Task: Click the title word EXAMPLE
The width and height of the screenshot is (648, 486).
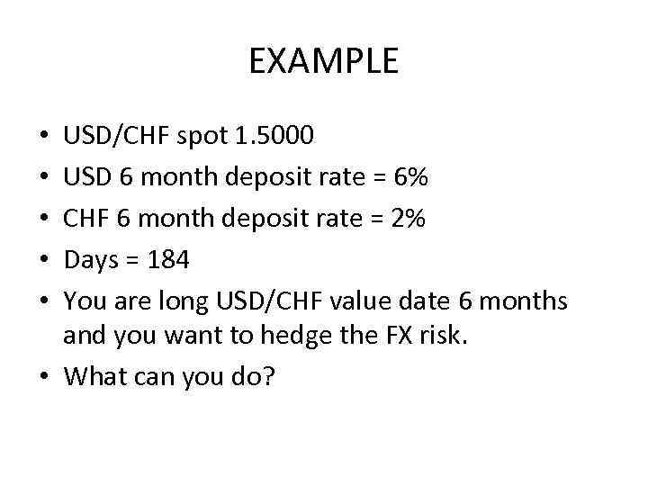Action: (323, 61)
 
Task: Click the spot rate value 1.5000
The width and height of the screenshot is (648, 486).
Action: (273, 137)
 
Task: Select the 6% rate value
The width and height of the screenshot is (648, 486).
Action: (410, 177)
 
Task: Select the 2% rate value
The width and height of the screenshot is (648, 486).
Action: (409, 219)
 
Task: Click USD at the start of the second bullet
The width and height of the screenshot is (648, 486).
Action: (85, 177)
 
